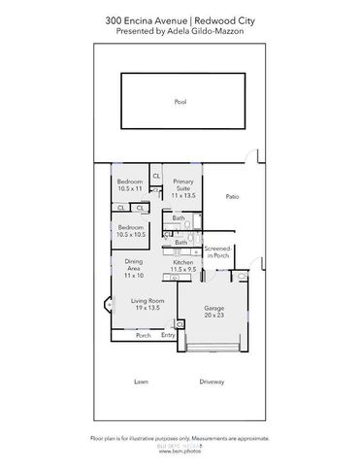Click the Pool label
click(x=180, y=101)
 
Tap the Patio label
click(x=232, y=197)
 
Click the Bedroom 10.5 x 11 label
click(x=129, y=186)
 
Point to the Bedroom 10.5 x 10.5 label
click(x=129, y=231)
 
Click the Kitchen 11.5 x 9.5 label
click(x=183, y=266)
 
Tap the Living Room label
click(x=147, y=306)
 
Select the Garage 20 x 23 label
click(x=214, y=312)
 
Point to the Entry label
click(x=168, y=335)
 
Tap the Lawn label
click(x=141, y=382)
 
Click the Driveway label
click(x=212, y=382)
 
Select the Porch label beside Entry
click(x=143, y=335)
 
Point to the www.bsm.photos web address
click(x=180, y=452)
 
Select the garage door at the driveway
click(x=215, y=347)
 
